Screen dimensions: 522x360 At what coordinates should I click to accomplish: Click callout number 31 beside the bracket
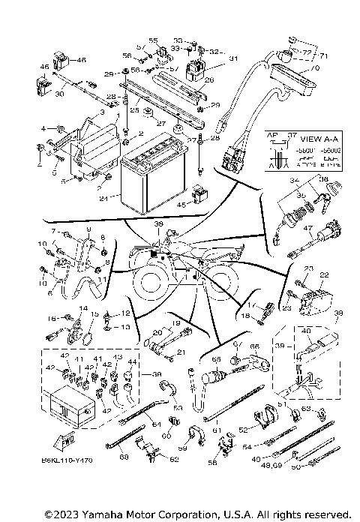coord(233,58)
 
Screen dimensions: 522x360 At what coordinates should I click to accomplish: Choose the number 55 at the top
coord(152,39)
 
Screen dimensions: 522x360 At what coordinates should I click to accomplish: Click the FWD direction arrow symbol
coord(59,437)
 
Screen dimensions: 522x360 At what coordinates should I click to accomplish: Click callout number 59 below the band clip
coord(181,449)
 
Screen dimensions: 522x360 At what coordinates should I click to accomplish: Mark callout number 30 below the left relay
coord(60,95)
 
